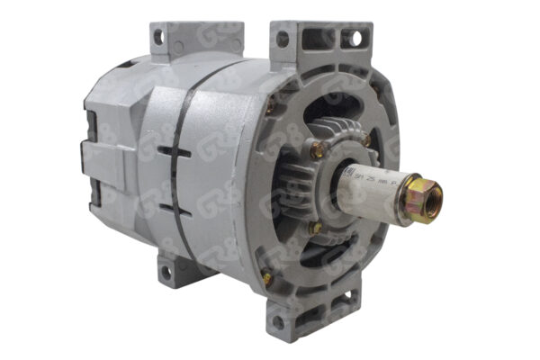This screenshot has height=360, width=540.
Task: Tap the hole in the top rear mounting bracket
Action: coord(158,37)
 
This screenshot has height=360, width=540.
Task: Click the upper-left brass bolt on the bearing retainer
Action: coord(316,151)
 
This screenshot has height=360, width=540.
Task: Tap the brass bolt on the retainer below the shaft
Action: coord(316,228)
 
